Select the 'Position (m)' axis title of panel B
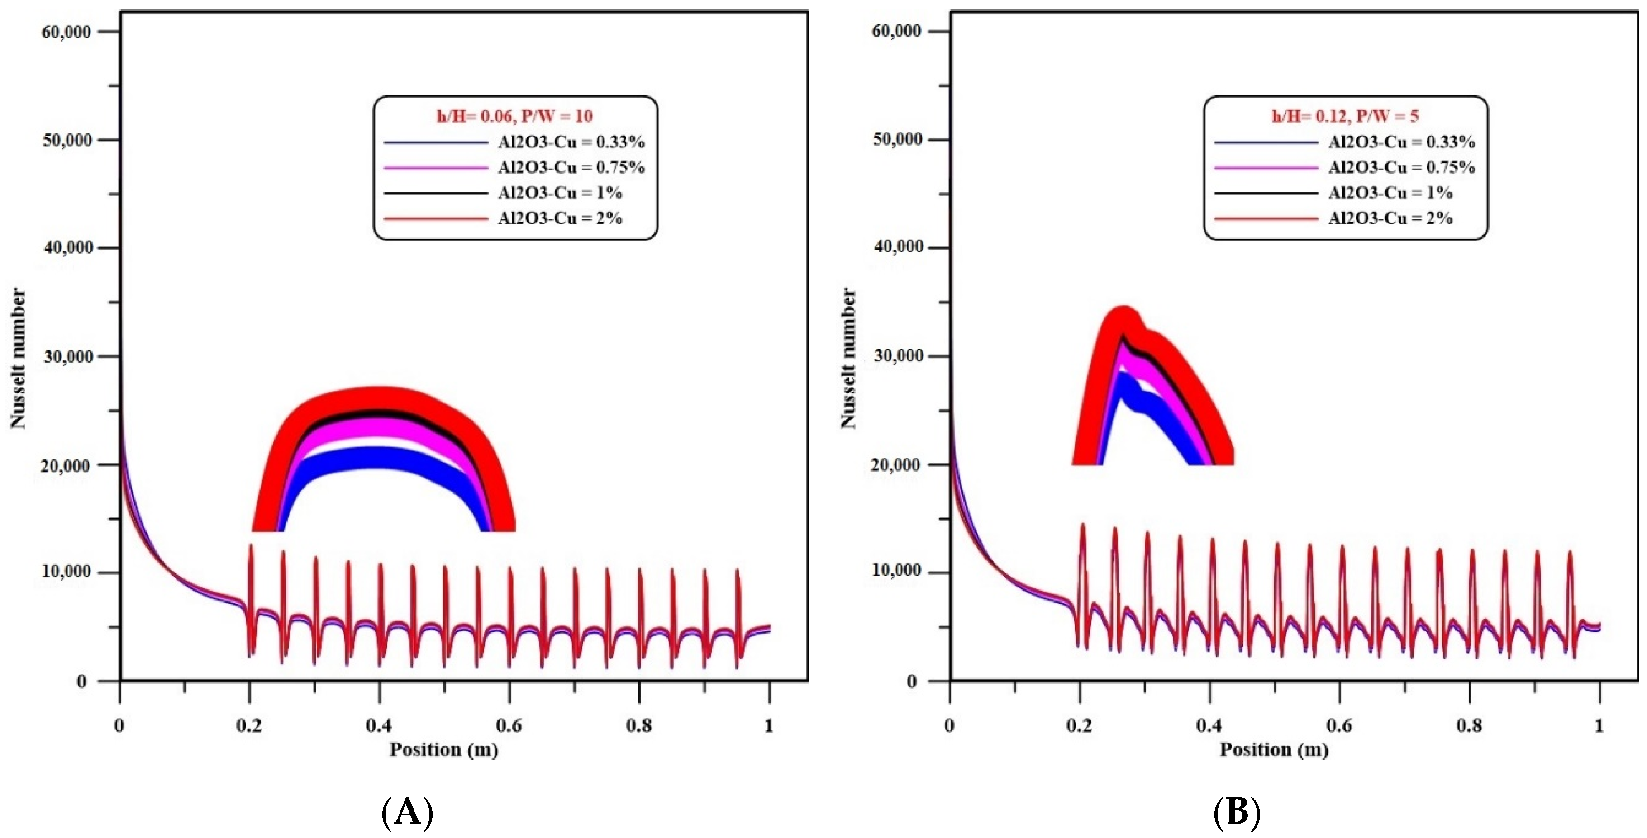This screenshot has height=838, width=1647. [x=1274, y=749]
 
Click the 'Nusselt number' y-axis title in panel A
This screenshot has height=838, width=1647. [x=19, y=358]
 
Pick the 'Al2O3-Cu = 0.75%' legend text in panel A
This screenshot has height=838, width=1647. [x=571, y=167]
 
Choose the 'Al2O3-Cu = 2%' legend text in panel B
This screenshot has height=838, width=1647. [x=1390, y=218]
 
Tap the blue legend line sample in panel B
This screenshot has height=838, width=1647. [x=1266, y=142]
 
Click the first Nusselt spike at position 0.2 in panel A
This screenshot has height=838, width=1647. [x=251, y=550]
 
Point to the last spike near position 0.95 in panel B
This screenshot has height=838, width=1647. [x=1569, y=556]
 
